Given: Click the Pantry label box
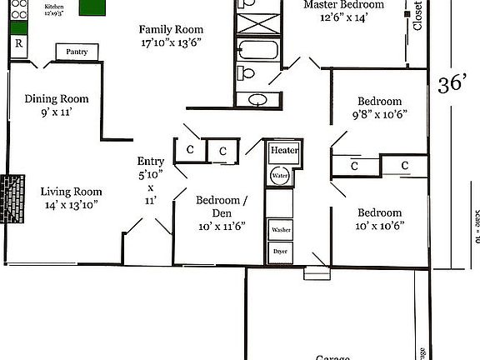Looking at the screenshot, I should (77, 52).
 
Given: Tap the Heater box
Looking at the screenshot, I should (284, 150).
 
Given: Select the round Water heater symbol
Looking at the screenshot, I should (279, 177).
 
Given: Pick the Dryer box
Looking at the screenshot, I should (279, 251).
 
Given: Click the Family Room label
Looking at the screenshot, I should (170, 29).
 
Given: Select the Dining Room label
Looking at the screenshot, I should (57, 99).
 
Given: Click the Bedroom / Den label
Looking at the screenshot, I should (221, 201).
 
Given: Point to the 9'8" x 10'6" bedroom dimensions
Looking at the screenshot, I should (379, 115).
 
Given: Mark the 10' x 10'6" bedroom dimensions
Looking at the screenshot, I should (379, 225).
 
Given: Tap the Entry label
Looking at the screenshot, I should (151, 161).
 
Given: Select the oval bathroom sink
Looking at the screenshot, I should (259, 101).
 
